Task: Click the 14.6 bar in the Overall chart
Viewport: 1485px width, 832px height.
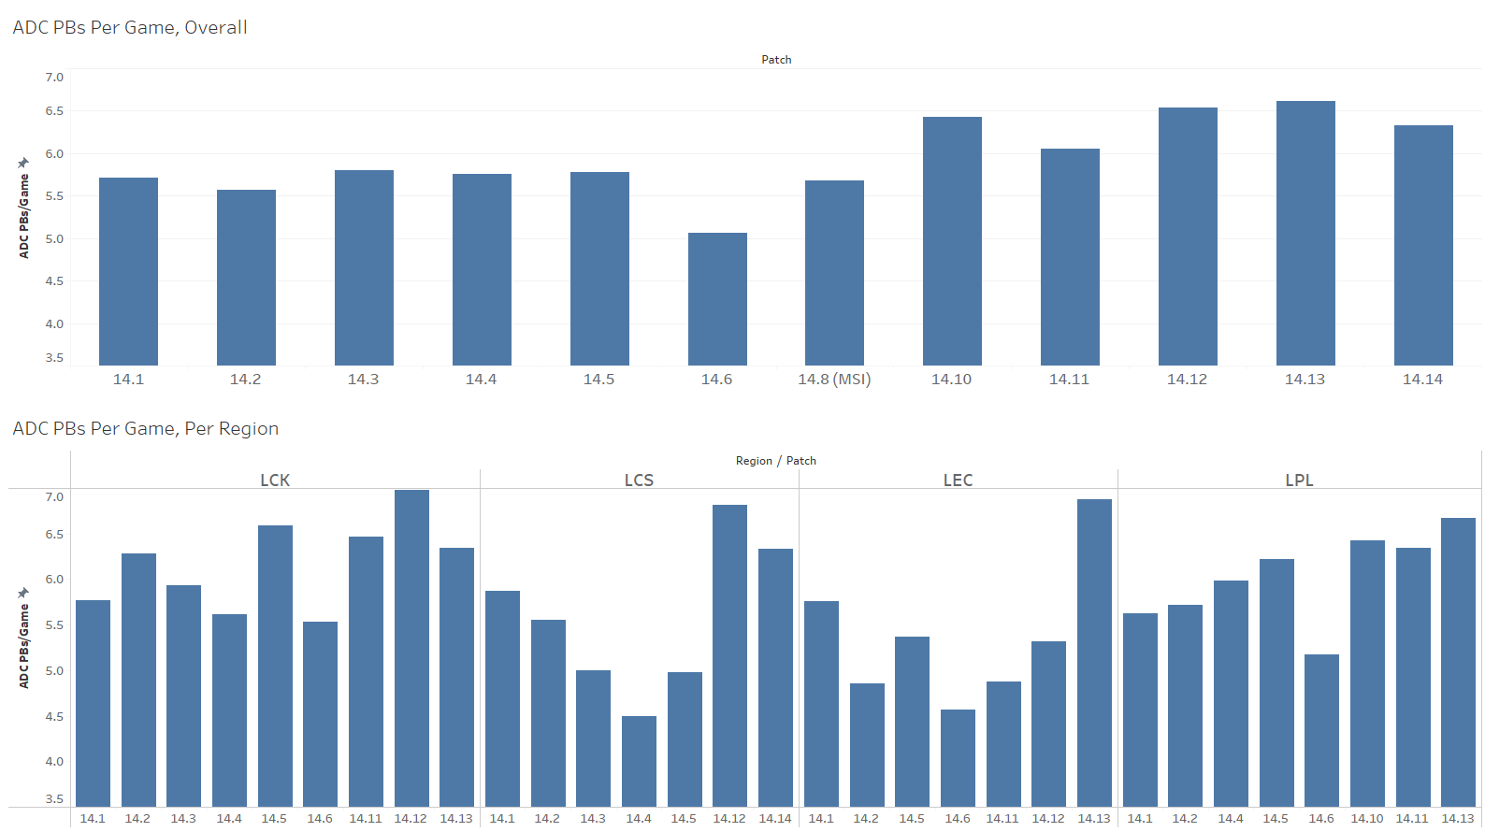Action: tap(717, 299)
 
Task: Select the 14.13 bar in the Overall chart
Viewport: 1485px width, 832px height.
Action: tap(1305, 233)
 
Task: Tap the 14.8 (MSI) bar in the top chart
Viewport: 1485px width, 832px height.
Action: tap(834, 273)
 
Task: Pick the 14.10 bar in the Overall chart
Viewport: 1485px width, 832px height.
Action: tap(952, 241)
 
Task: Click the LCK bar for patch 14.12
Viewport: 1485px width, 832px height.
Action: tap(411, 648)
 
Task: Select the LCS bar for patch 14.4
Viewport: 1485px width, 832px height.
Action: tap(639, 761)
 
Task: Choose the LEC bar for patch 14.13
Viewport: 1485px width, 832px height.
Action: tap(1094, 653)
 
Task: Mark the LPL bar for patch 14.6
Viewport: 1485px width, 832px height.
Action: tap(1321, 730)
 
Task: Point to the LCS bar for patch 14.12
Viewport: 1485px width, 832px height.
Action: tap(729, 655)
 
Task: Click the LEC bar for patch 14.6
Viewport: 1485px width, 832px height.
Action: tap(958, 757)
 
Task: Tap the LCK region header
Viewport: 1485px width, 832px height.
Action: tap(275, 480)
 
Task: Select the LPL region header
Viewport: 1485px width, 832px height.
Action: tap(1299, 480)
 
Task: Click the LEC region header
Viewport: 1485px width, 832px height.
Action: tap(958, 480)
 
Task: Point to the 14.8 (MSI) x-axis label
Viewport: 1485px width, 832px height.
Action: tap(834, 379)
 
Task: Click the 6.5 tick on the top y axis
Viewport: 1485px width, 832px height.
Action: tap(54, 110)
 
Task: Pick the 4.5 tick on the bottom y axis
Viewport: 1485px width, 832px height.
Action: tap(54, 716)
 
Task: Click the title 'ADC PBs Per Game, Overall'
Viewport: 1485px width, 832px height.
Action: tap(130, 27)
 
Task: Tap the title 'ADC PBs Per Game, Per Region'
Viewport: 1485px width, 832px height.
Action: tap(145, 428)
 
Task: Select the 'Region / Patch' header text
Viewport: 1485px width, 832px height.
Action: tap(775, 460)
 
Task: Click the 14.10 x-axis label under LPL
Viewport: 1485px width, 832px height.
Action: tap(1366, 818)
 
